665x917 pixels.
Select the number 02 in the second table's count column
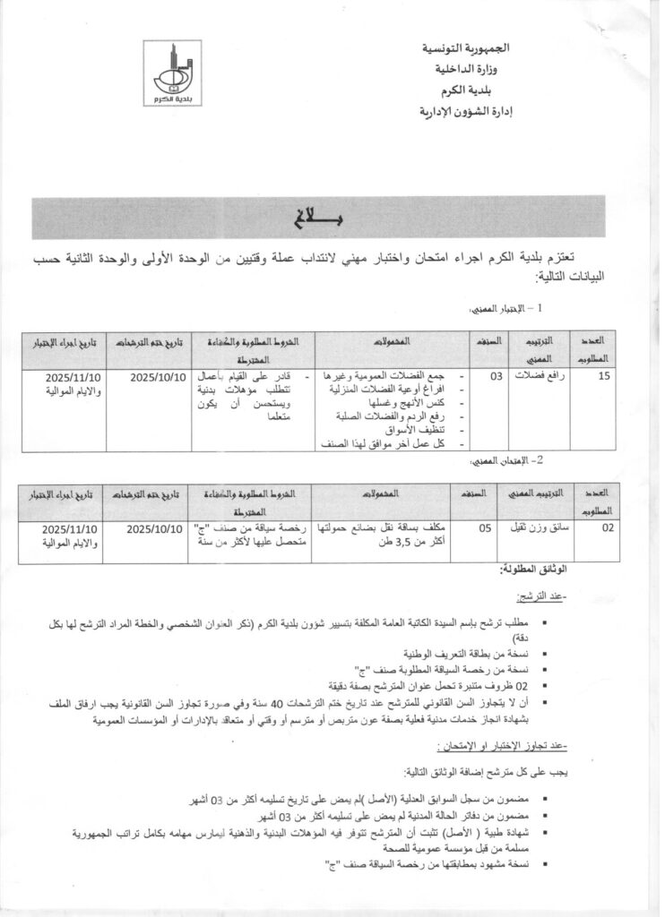click(607, 528)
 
